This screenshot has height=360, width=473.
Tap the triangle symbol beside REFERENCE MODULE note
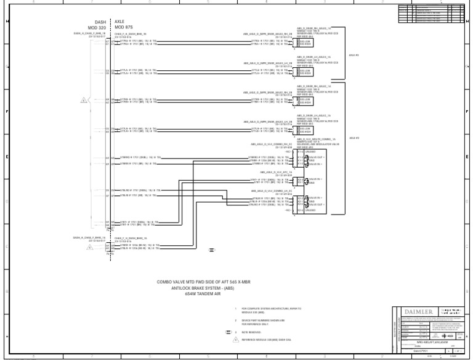(227, 339)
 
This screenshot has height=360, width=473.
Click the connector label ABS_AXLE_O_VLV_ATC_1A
(275, 173)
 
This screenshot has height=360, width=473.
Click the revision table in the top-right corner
(432, 13)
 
